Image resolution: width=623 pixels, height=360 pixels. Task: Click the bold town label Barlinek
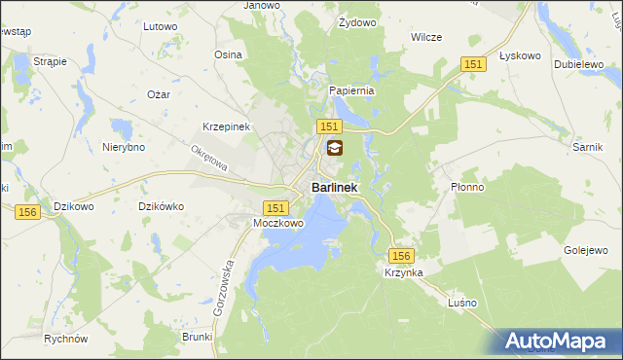[334, 187]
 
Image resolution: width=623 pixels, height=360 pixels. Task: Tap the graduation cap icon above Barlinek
[334, 149]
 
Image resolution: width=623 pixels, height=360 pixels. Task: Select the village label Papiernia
[351, 90]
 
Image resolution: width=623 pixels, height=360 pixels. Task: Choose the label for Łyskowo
[519, 55]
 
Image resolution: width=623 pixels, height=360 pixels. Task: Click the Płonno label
[467, 188]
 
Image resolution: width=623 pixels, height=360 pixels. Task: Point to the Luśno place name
[462, 303]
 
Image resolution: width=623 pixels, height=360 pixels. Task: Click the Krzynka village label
[403, 273]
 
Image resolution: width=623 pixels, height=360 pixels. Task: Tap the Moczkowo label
[278, 224]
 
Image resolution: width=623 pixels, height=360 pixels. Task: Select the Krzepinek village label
[227, 127]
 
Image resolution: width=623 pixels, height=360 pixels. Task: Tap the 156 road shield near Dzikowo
[27, 211]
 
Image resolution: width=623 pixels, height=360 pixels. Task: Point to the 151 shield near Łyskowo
[473, 63]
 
